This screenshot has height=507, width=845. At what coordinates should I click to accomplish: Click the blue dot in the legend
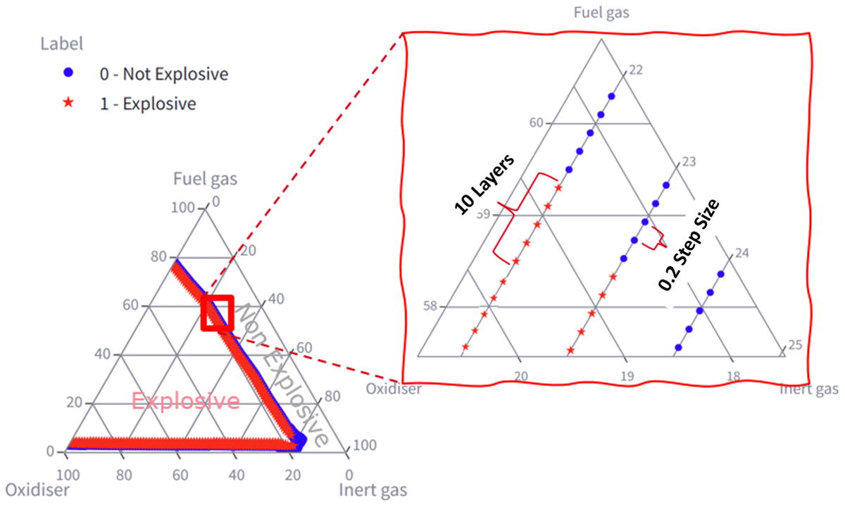(68, 73)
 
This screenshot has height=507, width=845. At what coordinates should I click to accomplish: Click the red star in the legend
(68, 102)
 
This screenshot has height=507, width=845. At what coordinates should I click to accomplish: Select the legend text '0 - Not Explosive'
(164, 74)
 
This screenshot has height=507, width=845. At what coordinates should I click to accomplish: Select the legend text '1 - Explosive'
(148, 104)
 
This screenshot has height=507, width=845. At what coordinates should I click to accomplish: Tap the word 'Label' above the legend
(61, 44)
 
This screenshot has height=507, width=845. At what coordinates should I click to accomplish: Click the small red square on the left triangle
(218, 313)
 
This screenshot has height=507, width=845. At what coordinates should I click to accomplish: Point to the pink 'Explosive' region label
(186, 401)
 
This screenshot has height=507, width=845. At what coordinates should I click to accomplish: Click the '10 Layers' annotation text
(484, 184)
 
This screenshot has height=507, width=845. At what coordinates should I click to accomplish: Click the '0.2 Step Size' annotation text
(689, 245)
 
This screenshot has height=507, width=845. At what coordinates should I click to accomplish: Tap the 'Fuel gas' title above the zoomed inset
(601, 13)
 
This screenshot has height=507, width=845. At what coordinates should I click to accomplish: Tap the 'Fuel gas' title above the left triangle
(205, 179)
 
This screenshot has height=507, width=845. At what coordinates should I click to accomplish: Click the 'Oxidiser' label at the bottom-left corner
(37, 490)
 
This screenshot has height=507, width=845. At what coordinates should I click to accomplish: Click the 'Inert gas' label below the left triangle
(373, 490)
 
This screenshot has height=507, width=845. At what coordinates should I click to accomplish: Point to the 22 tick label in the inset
(636, 70)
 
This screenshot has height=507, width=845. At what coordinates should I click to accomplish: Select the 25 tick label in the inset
(795, 345)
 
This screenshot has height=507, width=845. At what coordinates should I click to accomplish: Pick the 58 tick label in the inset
(430, 306)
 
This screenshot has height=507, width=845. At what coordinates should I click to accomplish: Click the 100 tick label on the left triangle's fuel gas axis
(183, 208)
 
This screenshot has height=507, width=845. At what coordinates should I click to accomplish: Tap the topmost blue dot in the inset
(611, 96)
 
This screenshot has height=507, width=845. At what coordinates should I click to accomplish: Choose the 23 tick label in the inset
(689, 162)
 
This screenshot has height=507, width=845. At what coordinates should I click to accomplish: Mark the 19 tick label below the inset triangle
(627, 376)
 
